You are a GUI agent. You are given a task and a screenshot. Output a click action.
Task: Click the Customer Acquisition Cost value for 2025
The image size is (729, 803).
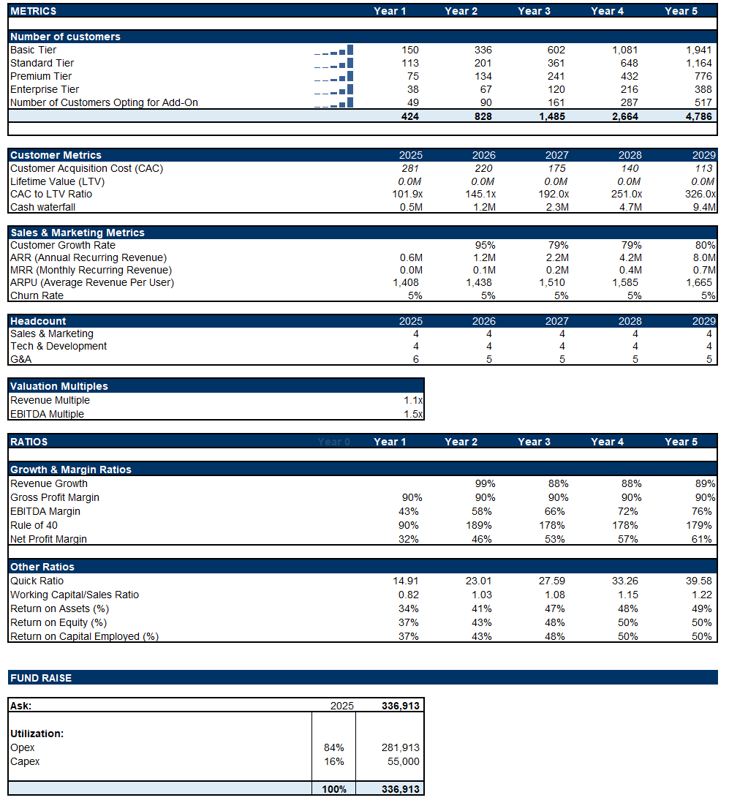[x=410, y=168]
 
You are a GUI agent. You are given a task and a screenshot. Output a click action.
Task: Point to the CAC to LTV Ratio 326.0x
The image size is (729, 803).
[x=699, y=194]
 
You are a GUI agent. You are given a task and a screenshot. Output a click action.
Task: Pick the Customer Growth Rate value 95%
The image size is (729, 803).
[x=485, y=245]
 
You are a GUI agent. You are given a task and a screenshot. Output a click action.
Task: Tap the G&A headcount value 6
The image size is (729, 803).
[x=415, y=359]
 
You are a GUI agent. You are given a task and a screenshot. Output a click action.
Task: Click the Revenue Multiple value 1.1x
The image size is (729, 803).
[x=413, y=400]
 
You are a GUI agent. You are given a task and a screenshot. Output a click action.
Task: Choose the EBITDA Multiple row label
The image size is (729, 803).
[x=47, y=414]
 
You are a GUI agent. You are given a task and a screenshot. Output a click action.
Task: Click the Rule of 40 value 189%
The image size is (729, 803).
[x=482, y=525]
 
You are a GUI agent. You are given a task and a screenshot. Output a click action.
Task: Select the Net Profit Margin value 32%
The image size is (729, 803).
[x=408, y=539]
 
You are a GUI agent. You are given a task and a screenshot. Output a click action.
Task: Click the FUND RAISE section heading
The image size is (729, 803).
[x=41, y=678]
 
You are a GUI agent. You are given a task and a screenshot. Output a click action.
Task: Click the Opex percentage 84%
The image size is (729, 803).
[x=333, y=747]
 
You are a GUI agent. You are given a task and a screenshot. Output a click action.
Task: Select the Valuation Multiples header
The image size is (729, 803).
[x=58, y=386]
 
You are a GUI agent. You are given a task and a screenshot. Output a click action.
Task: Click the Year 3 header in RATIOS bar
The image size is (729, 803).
[x=535, y=442]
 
